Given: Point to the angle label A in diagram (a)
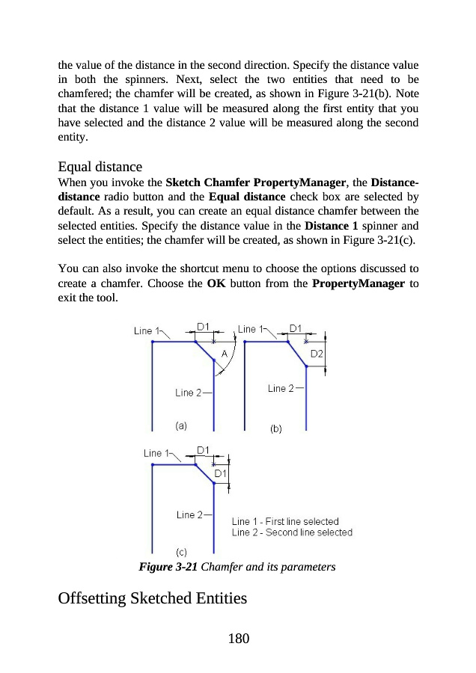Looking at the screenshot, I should (x=224, y=354).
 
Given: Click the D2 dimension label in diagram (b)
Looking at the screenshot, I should (x=317, y=354).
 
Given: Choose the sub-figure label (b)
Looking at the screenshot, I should (x=275, y=428).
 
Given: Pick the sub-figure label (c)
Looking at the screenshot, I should (x=181, y=552).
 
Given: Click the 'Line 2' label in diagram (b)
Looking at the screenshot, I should (x=281, y=387).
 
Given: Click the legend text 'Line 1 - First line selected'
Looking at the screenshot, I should (x=285, y=521).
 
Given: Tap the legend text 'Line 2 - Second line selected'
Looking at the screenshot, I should (x=292, y=532).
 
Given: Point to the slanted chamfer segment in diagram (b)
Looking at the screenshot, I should (x=297, y=354).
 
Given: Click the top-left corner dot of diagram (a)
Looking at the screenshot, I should (x=153, y=342).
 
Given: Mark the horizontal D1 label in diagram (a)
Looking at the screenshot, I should (x=204, y=326).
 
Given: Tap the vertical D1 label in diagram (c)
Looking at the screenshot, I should (x=222, y=473).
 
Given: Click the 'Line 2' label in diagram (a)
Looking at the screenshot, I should (x=189, y=393).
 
